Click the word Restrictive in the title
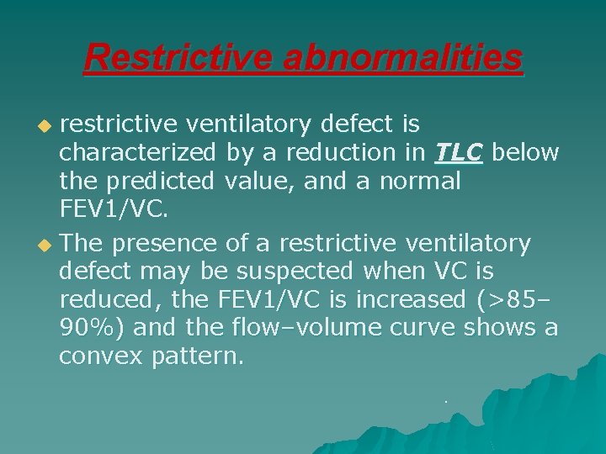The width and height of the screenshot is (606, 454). pyautogui.click(x=178, y=59)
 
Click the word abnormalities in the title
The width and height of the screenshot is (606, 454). pyautogui.click(x=402, y=59)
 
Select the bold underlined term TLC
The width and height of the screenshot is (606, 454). pyautogui.click(x=459, y=153)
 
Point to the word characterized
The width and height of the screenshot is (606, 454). pyautogui.click(x=137, y=153)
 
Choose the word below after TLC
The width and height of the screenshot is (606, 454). pyautogui.click(x=525, y=153)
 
